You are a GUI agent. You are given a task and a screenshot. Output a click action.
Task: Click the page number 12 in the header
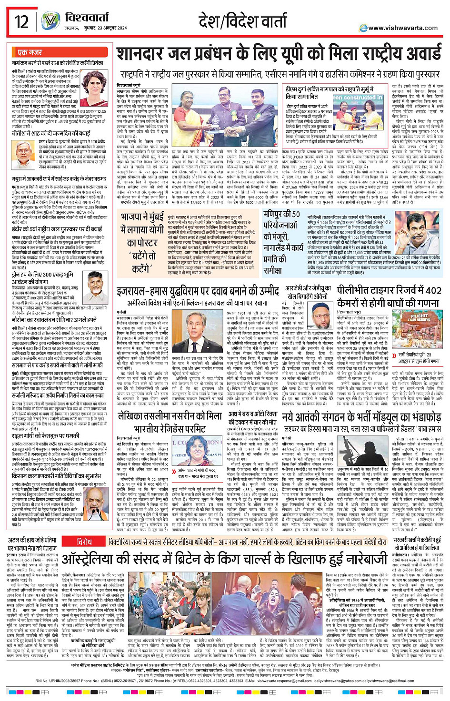(x=22, y=21)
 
